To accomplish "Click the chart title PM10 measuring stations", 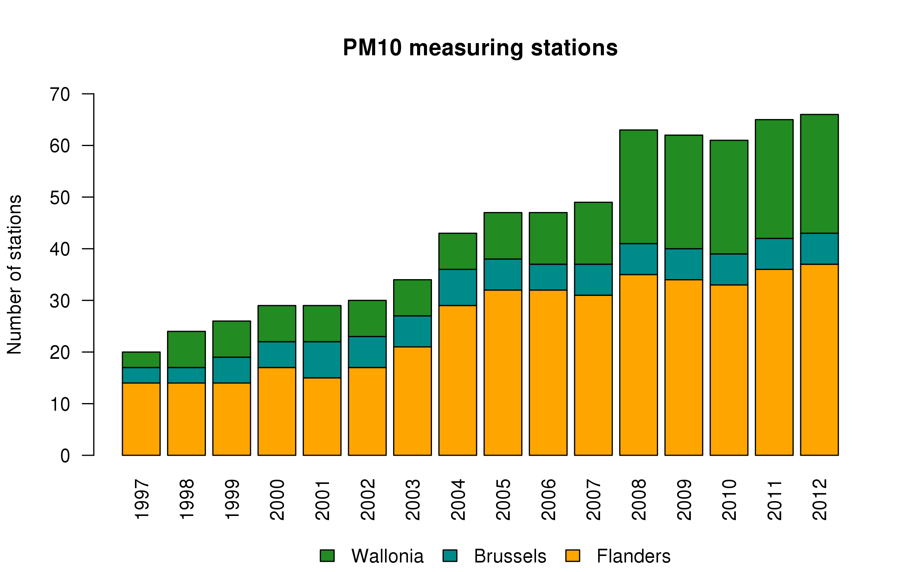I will pos(480,48).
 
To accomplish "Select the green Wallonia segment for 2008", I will pos(639,186).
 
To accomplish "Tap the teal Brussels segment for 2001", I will pos(322,360).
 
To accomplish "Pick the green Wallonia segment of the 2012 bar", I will pos(819,174).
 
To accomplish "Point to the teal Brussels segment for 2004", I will pos(457,287).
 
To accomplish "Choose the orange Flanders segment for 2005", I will pos(503,372).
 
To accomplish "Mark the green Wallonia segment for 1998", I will pos(186,349).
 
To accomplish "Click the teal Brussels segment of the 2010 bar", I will pos(729,269).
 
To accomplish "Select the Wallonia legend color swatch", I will pos(327,556).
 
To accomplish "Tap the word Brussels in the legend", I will pos(510,556).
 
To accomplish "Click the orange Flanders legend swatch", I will pos(573,556).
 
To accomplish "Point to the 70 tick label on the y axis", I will pos(60,94).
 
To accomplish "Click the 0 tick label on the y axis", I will pos(65,456).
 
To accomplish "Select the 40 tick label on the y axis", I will pos(60,249).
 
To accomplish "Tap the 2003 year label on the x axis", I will pos(413,500).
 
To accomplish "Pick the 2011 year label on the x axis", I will pos(775,500).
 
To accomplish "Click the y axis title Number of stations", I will pos(14,275).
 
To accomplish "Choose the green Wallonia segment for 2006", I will pos(548,238).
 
